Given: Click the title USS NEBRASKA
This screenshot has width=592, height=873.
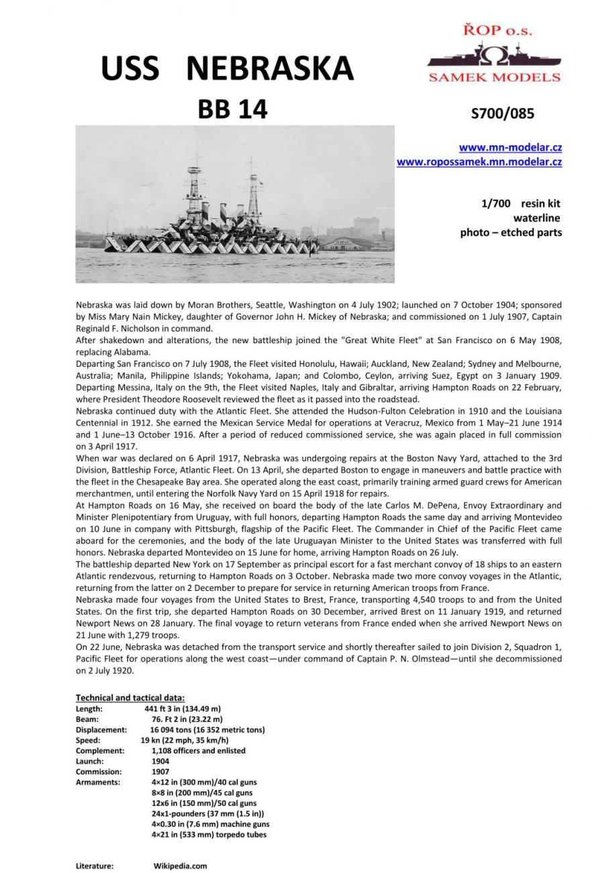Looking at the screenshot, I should tap(227, 68).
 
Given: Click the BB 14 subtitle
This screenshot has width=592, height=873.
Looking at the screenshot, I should tap(232, 109).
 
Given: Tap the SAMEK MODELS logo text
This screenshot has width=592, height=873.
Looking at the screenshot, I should tap(494, 77).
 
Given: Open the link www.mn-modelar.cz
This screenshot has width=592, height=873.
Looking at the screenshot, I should tap(510, 148).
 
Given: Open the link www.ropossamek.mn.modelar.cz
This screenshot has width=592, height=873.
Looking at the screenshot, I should tap(479, 162).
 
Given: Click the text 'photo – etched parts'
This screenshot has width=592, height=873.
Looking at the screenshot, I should tap(511, 232).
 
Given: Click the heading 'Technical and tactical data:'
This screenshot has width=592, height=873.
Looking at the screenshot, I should tap(130, 698).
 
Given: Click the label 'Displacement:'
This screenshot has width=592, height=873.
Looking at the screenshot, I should tap(101, 729).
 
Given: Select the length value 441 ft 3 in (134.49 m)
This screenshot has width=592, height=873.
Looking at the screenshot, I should tap(183, 708).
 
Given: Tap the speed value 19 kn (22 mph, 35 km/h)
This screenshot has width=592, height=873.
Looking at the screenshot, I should tap(185, 740).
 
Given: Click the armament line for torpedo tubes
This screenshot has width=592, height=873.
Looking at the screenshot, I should tap(209, 835).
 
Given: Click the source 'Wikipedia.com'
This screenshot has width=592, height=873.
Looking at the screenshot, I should tap(180, 866).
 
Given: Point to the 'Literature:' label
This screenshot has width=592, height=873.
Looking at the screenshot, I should tap(95, 866).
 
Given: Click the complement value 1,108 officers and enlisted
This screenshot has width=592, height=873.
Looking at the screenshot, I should tap(199, 751).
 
